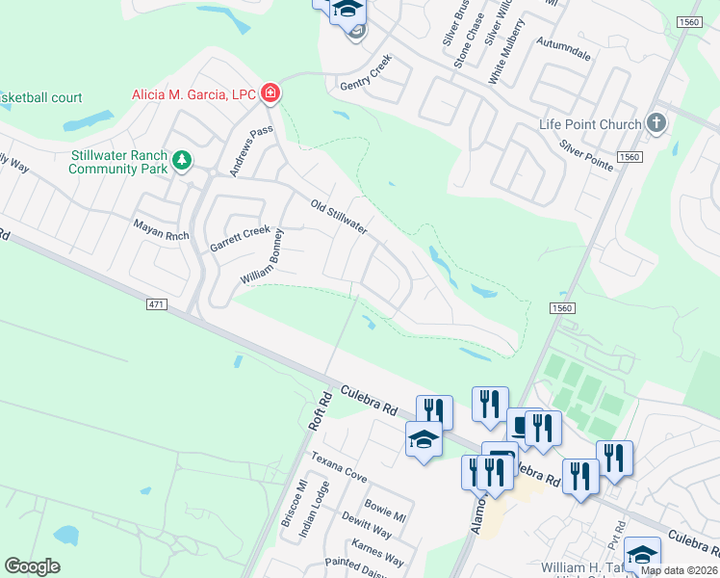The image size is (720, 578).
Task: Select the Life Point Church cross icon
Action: [656, 123]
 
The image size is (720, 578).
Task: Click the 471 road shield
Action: [157, 304]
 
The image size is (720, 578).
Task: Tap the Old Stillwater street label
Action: [338, 217]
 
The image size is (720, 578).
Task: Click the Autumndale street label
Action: [564, 56]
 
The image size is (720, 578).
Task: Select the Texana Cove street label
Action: [338, 463]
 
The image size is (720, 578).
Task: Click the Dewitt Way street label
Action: [368, 524]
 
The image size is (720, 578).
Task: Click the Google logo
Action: [32, 566]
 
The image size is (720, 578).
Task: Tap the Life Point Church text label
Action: [590, 124]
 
